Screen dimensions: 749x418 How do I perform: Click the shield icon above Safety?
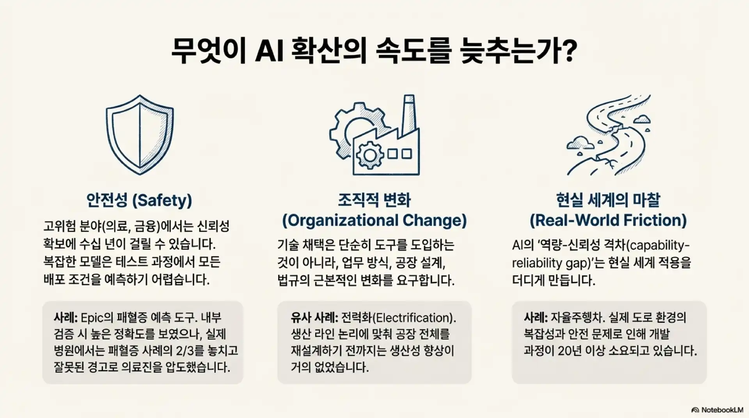pos(140,134)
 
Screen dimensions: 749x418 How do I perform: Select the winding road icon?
pos(609,135)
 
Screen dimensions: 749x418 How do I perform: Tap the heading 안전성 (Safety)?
pos(139,200)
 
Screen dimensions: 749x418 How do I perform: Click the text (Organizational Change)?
pos(374,221)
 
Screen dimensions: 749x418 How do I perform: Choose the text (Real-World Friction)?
pos(608,221)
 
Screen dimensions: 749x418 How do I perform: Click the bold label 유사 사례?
pos(314,318)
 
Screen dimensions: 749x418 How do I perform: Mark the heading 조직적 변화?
pos(374,200)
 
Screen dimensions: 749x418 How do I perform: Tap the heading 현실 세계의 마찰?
pos(608,200)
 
